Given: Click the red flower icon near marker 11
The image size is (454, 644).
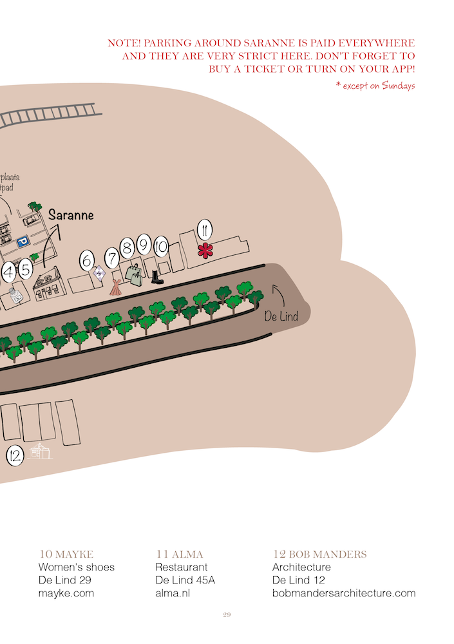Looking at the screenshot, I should pyautogui.click(x=205, y=251).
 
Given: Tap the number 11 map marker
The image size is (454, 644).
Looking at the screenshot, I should pyautogui.click(x=204, y=229).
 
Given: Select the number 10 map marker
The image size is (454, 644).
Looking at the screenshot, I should pyautogui.click(x=162, y=246).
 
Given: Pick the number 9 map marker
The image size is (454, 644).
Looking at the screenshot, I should pyautogui.click(x=144, y=244).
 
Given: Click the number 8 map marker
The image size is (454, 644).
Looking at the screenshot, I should pyautogui.click(x=127, y=246).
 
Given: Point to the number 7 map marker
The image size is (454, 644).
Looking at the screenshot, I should pyautogui.click(x=112, y=259).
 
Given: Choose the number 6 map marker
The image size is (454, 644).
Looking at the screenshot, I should pyautogui.click(x=87, y=261).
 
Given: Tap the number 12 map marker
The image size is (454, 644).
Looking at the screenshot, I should pyautogui.click(x=15, y=456).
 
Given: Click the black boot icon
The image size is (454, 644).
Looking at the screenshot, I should pyautogui.click(x=156, y=277).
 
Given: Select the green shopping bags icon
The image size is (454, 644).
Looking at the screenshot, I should pyautogui.click(x=135, y=275).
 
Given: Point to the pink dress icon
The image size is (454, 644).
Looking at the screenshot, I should pyautogui.click(x=116, y=287).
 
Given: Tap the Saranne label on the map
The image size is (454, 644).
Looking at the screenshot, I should pyautogui.click(x=71, y=215).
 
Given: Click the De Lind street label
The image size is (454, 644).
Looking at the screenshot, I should pyautogui.click(x=281, y=316).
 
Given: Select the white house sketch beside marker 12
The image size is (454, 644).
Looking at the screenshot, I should pyautogui.click(x=41, y=451).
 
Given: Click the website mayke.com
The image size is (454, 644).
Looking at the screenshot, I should pyautogui.click(x=66, y=593).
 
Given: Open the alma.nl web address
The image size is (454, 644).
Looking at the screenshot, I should pyautogui.click(x=173, y=593).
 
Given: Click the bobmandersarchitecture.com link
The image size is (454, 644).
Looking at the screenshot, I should pyautogui.click(x=344, y=593).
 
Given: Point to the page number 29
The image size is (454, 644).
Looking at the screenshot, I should pyautogui.click(x=227, y=616).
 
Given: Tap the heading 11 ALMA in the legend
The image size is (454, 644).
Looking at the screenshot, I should pyautogui.click(x=180, y=554).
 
